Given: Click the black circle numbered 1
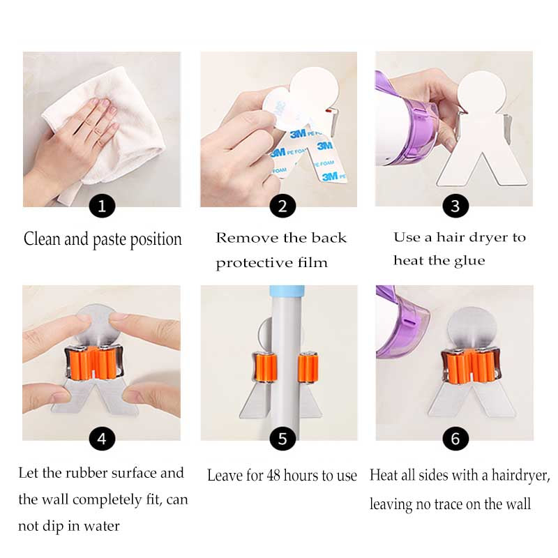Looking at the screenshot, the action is (x=102, y=206).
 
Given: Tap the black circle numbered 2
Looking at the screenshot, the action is (x=282, y=206).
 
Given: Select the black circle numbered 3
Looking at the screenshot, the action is (x=455, y=206).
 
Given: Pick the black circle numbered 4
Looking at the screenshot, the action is (x=102, y=439).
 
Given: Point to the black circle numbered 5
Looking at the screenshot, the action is (x=282, y=439).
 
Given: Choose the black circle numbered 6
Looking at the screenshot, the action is (x=455, y=439).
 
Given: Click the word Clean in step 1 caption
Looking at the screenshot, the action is (x=42, y=239).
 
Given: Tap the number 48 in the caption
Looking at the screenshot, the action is (x=273, y=476).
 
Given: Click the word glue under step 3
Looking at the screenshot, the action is (x=469, y=261).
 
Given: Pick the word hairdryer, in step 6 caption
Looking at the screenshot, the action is (x=521, y=476).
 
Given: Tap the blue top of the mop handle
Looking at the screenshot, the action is (x=287, y=291).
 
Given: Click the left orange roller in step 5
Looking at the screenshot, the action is (x=265, y=368).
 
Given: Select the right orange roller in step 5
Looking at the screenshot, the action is (x=308, y=368).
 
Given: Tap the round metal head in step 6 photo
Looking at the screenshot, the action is (x=472, y=327).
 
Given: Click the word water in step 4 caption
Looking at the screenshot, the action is (x=101, y=526).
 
